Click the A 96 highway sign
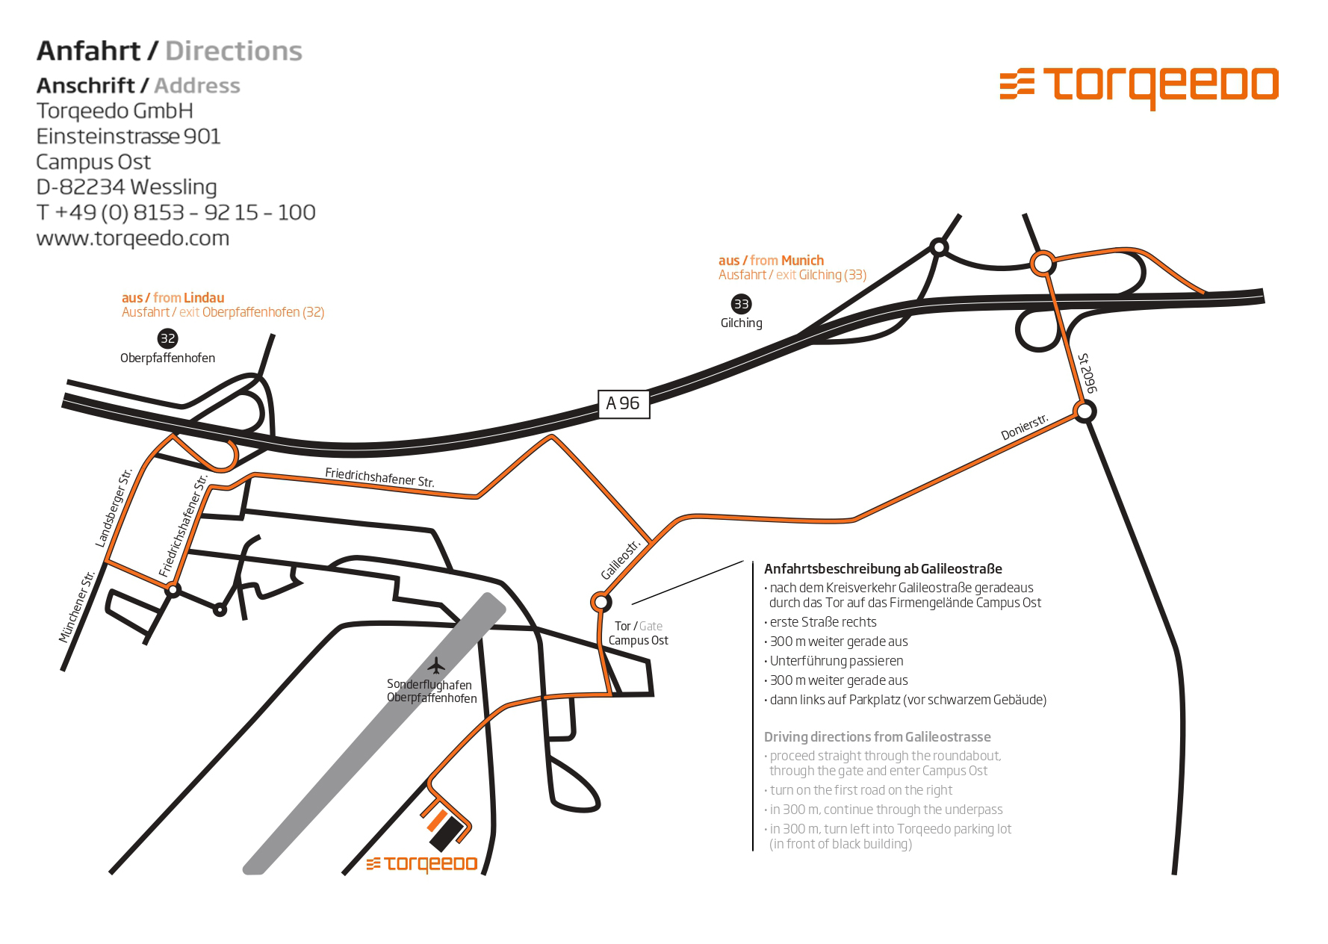(x=624, y=403)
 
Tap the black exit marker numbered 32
(x=167, y=338)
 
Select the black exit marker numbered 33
(x=741, y=304)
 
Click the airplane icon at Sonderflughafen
(x=437, y=665)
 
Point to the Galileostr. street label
(x=622, y=560)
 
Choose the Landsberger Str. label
(x=114, y=508)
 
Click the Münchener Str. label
(x=78, y=606)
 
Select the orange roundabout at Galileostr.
(x=600, y=601)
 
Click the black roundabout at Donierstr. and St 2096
(x=1085, y=411)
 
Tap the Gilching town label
(x=741, y=323)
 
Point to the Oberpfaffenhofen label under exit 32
(x=167, y=358)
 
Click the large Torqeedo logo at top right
(x=1139, y=86)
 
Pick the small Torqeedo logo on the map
(x=422, y=864)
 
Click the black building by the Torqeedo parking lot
(x=446, y=833)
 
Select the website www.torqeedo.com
(x=133, y=238)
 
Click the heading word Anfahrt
(x=88, y=51)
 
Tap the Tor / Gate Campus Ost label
(x=638, y=633)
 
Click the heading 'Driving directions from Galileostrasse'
(x=877, y=737)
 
